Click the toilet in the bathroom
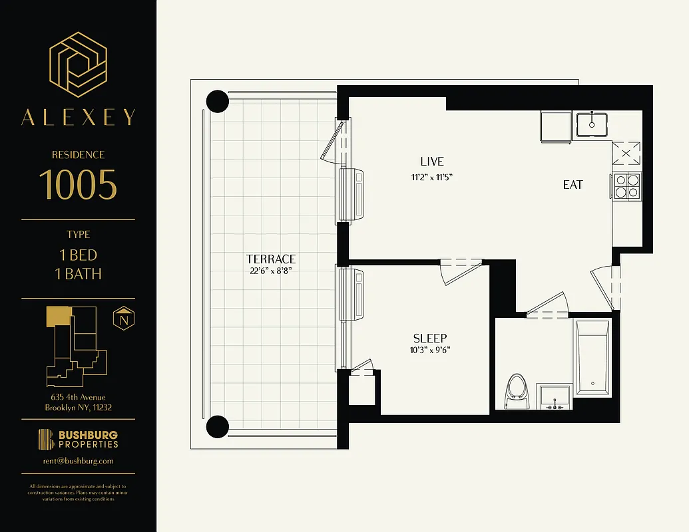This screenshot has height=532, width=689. coord(517,392)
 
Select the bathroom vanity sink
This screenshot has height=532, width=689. coord(554,398)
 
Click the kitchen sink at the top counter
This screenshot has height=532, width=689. coord(590,124)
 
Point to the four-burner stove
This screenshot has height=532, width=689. coord(626,186)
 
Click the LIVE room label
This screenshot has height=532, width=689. coord(431,162)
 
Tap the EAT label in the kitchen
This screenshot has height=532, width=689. coord(573,185)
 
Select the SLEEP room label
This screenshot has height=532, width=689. coord(429,338)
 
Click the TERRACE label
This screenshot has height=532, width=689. coord(270,259)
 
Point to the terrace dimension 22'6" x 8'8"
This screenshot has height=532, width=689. coord(270,271)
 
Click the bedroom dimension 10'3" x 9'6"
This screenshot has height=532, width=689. coord(429,350)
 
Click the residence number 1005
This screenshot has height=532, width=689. coord(78,184)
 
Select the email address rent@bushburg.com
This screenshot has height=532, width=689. coord(78,460)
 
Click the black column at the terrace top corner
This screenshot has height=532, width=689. coord(218,101)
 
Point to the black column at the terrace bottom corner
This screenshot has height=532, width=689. coord(218,426)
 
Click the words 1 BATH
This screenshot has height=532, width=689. coord(78,273)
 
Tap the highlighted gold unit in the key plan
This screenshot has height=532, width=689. coord(58,317)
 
